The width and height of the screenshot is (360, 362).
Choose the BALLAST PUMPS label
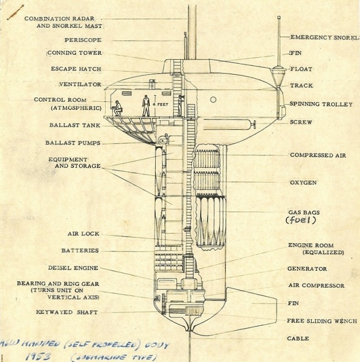click(72, 143)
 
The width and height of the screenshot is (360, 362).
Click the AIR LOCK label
click(83, 233)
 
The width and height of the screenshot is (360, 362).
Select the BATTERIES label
click(80, 250)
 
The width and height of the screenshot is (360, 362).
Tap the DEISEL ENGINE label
click(73, 267)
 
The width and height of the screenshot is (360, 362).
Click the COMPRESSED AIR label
click(317, 155)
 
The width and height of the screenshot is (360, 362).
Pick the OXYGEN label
click(303, 182)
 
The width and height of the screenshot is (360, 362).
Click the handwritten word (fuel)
click(301, 220)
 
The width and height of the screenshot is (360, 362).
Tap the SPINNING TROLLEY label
click(321, 104)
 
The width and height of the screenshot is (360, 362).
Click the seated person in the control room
click(117, 108)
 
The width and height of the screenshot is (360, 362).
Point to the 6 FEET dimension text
click(160, 103)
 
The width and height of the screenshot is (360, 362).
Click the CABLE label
click(299, 338)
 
